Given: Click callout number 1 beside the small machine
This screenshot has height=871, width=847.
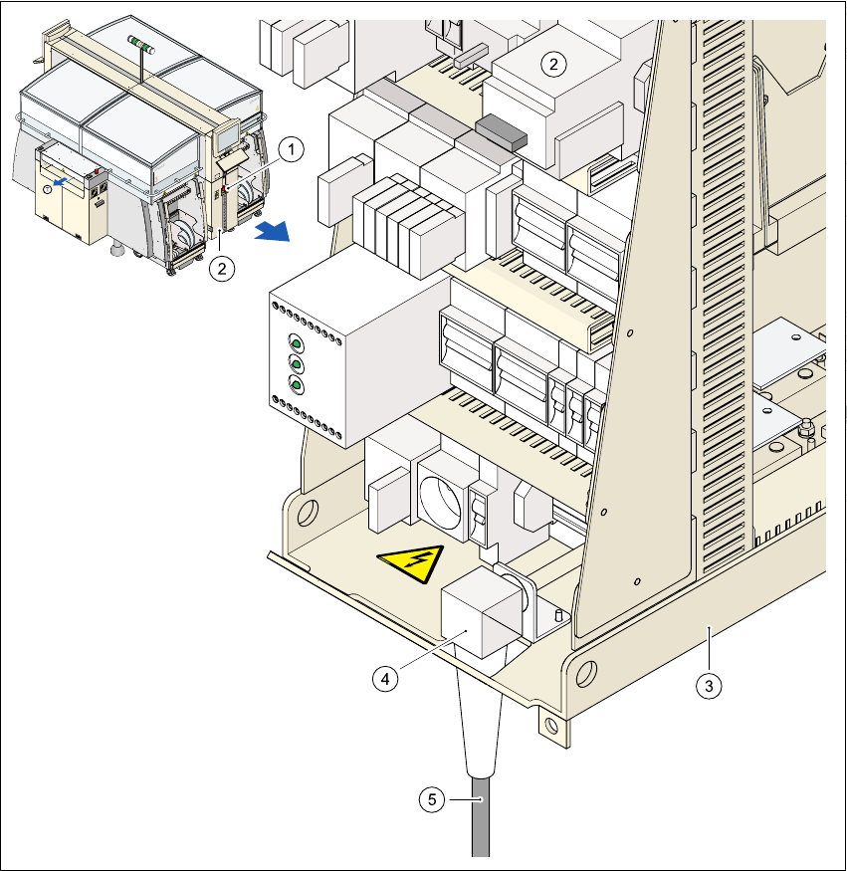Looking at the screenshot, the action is pos(289,149).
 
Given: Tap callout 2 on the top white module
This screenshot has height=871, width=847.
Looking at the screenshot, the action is pos(553,64).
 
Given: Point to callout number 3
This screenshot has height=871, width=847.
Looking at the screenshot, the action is pos(708,685).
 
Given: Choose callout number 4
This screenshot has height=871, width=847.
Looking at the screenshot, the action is pos(385,678).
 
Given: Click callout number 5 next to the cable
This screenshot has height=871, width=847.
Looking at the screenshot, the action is pos(430,798).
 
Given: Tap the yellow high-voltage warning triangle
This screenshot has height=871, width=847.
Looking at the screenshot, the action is pos(410,565).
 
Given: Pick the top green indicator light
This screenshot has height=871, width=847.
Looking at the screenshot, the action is pos(296,341).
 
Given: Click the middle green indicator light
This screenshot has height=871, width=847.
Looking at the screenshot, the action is pos(296,362).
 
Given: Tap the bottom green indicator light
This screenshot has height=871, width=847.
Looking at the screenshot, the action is pos(296,384).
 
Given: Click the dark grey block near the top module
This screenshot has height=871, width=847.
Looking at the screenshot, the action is pos(501,130).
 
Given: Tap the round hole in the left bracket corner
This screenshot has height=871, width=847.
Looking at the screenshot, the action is pos(307,513).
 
